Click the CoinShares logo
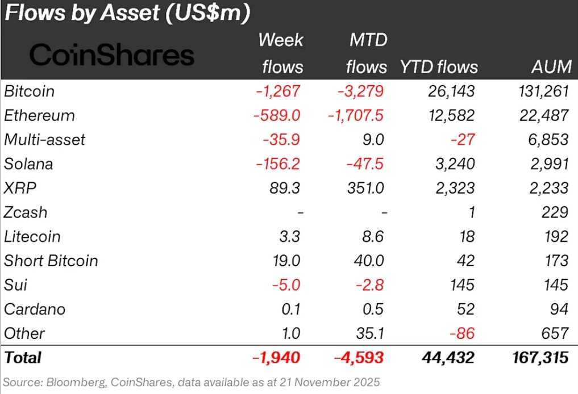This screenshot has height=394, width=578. point(111,56)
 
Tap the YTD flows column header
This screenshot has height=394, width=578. point(439,67)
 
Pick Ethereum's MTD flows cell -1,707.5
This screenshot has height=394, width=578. point(355,116)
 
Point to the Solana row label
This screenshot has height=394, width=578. point(28,164)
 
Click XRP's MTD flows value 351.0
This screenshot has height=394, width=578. point(365,188)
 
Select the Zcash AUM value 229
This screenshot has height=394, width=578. point(554,212)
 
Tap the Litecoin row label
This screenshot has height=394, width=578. point(32,236)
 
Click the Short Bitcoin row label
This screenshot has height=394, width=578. point(51,261)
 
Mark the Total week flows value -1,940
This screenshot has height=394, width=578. point(276,358)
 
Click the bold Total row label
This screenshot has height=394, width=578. point(23,358)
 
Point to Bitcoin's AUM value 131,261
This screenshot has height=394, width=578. point(540,91)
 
